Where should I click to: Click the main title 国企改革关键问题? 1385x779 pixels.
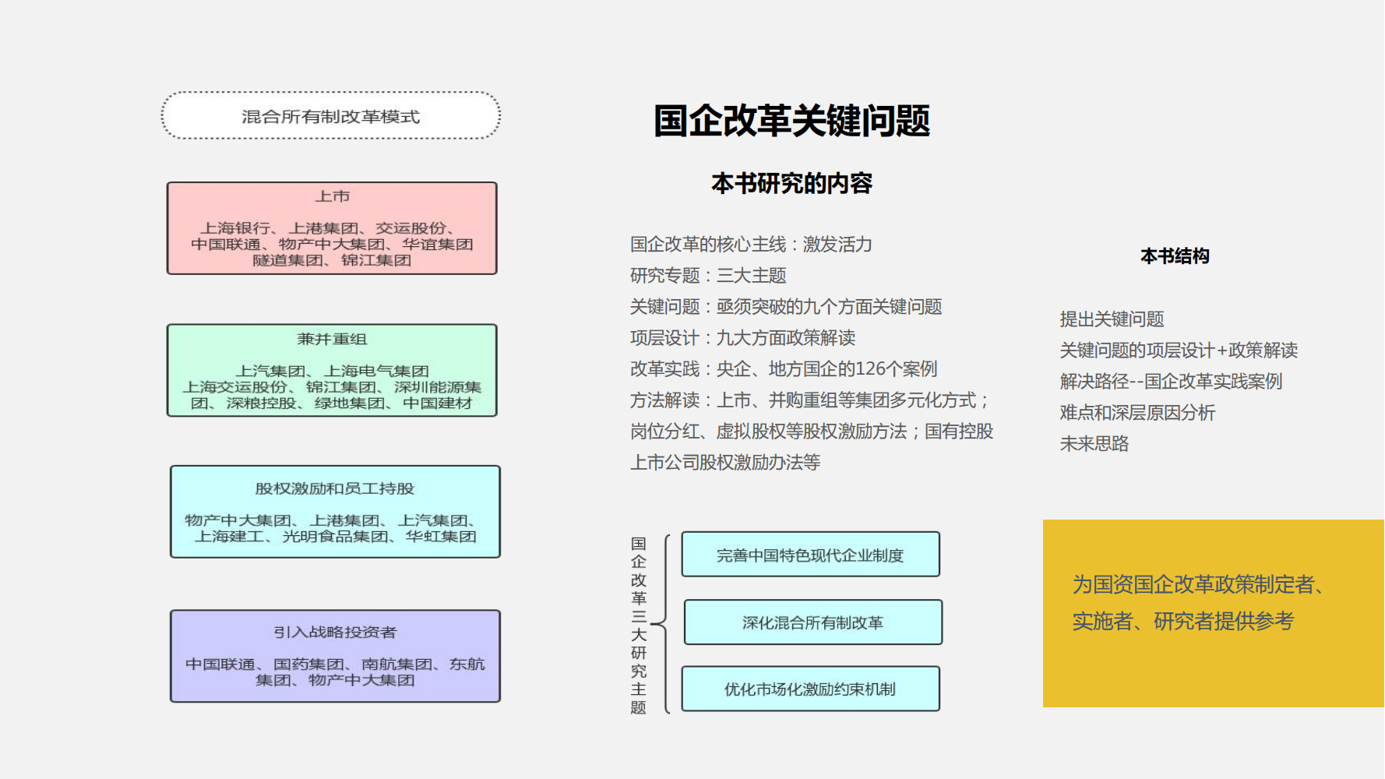click(791, 122)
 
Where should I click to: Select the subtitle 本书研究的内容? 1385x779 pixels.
click(791, 184)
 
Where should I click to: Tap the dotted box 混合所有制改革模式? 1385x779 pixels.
click(330, 117)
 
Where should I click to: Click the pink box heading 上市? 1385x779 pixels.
click(332, 196)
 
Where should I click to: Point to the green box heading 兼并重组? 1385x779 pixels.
click(332, 339)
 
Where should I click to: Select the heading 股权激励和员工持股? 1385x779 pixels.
click(335, 488)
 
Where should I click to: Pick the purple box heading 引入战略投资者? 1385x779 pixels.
click(335, 632)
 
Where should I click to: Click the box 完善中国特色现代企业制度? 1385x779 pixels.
click(810, 555)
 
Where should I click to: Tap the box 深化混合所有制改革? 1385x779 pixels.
click(812, 622)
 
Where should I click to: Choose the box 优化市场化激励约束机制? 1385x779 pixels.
click(810, 689)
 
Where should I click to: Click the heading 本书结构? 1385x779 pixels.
click(1175, 256)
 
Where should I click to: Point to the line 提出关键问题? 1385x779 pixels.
click(1112, 319)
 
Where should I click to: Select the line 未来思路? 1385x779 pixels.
click(1094, 444)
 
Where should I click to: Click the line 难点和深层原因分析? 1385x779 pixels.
click(1137, 413)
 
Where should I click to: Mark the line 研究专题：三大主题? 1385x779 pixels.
click(708, 276)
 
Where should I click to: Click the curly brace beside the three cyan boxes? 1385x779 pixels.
click(663, 623)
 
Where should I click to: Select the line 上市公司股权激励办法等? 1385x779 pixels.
click(725, 463)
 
